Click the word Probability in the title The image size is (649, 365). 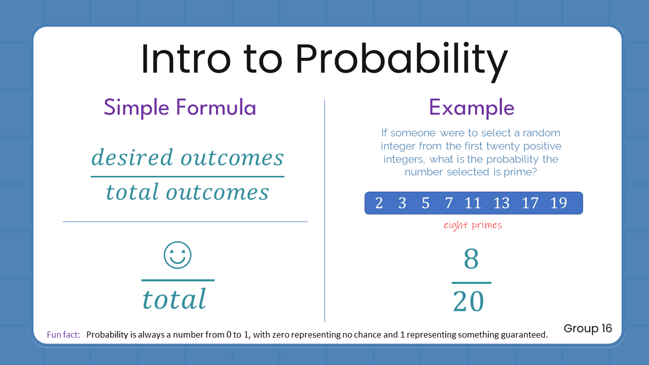click(x=401, y=60)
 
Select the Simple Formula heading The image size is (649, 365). click(x=180, y=107)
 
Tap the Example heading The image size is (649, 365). click(x=472, y=107)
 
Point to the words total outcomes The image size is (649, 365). click(x=188, y=192)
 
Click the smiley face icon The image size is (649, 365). click(x=177, y=255)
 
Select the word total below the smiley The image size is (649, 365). click(x=174, y=299)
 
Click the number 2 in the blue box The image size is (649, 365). click(x=379, y=203)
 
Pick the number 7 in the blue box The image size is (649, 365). click(x=449, y=203)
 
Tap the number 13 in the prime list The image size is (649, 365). click(x=501, y=203)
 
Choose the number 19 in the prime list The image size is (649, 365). click(x=558, y=203)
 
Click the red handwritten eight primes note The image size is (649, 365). click(x=473, y=225)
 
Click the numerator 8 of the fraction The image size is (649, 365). click(x=471, y=260)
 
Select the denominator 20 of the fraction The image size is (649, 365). click(x=469, y=302)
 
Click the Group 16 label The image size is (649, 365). click(x=588, y=328)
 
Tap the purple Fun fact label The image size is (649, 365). click(x=63, y=335)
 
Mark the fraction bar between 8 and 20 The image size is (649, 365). click(x=471, y=282)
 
